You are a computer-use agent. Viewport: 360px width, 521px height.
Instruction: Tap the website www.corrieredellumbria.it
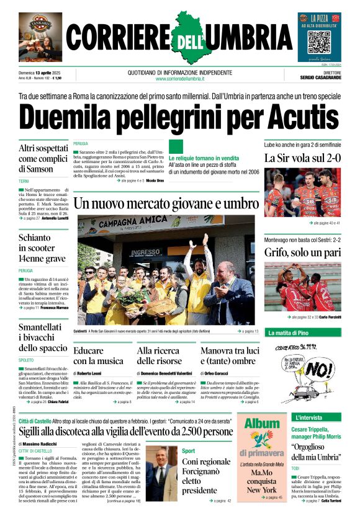(180, 79)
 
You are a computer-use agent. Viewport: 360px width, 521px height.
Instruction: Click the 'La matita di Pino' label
(289, 333)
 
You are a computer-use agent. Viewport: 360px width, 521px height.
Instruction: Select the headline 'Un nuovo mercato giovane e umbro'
(166, 203)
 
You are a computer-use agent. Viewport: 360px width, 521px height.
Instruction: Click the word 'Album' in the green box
(261, 424)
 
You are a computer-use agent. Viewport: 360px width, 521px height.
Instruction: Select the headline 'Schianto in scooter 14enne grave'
(42, 247)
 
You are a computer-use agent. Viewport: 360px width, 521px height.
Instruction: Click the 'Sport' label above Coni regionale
(189, 451)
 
